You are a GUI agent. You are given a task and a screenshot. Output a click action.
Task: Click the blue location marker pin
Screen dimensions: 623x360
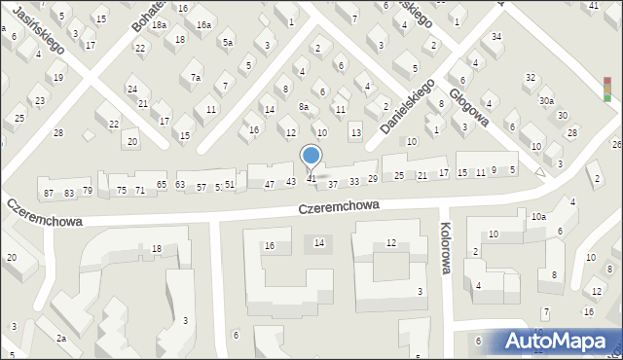click(x=311, y=157)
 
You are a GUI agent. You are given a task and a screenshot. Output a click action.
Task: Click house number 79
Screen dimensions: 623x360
click(x=87, y=190)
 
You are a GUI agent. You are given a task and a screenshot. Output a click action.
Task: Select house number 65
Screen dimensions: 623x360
click(x=161, y=185)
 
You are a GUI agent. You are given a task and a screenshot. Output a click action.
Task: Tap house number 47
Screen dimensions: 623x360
click(x=269, y=184)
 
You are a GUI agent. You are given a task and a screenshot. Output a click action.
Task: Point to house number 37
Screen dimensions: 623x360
click(x=332, y=184)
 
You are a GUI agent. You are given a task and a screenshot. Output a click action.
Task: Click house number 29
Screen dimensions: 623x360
click(x=372, y=179)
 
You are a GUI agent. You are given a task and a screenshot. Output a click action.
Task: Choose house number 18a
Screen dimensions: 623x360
click(x=159, y=25)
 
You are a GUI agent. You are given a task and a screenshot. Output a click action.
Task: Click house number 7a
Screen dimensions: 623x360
click(x=196, y=77)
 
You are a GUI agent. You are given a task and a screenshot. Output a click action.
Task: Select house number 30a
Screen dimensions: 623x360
click(x=546, y=100)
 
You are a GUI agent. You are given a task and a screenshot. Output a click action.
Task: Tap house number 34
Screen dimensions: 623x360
click(x=496, y=36)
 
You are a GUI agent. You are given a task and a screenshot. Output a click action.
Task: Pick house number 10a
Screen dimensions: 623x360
click(x=537, y=217)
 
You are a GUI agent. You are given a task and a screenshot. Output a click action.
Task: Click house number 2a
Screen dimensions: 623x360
click(x=60, y=338)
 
